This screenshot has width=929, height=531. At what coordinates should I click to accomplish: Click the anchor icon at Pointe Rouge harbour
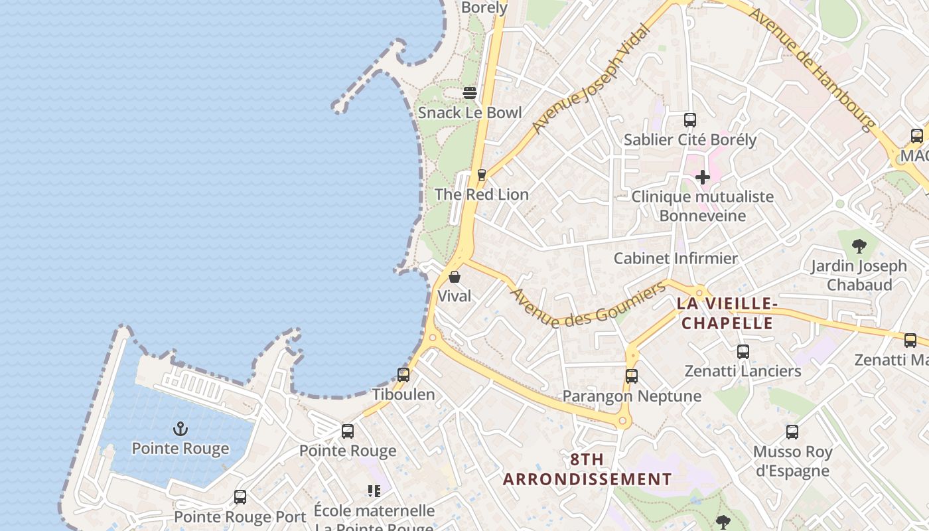click(180, 429)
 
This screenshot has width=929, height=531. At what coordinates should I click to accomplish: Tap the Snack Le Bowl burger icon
click(470, 93)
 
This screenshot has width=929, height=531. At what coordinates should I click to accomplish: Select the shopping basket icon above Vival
click(455, 277)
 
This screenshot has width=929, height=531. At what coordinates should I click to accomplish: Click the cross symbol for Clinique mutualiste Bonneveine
click(702, 177)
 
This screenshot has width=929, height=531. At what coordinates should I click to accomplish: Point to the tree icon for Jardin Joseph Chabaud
click(859, 246)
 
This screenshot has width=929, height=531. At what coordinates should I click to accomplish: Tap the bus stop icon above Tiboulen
click(403, 375)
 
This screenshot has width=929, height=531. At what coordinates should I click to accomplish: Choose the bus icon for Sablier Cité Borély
click(690, 120)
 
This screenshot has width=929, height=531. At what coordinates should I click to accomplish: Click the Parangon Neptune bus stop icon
click(632, 376)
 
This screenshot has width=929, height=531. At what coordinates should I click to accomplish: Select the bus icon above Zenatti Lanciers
click(743, 352)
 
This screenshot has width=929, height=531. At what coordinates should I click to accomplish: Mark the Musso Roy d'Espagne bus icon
click(792, 432)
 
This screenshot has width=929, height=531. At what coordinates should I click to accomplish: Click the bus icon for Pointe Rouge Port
click(240, 496)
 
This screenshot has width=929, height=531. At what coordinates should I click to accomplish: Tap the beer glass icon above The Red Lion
click(482, 175)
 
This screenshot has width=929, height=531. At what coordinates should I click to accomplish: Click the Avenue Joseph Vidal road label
click(590, 78)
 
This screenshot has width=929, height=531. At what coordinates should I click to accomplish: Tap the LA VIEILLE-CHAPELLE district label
click(727, 313)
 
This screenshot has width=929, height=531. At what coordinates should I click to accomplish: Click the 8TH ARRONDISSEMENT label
click(587, 469)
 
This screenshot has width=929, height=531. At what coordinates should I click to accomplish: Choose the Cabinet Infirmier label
click(676, 258)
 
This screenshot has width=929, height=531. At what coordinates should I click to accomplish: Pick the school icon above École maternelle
click(374, 491)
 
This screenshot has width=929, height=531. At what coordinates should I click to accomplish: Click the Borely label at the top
click(484, 8)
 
